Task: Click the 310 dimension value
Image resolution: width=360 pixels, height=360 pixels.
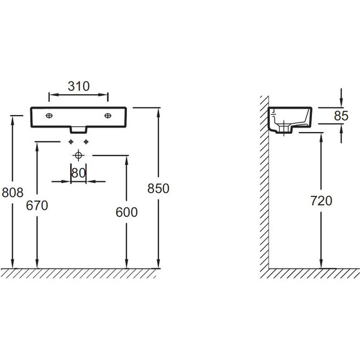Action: [x=78, y=87]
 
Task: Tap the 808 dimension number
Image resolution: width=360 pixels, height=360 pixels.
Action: [x=13, y=193]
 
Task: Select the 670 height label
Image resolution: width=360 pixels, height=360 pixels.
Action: [x=37, y=205]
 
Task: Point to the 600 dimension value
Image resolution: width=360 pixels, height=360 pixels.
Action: [x=126, y=212]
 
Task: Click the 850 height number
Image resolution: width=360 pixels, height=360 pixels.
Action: [x=158, y=188]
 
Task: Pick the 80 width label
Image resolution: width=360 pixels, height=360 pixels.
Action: [x=78, y=173]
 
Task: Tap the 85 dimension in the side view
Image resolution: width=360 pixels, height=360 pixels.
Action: [x=341, y=116]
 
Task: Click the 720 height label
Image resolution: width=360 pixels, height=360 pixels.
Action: [x=321, y=200]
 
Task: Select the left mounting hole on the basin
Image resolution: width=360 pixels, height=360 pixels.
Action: [x=49, y=116]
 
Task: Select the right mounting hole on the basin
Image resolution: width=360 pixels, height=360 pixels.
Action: [x=107, y=116]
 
